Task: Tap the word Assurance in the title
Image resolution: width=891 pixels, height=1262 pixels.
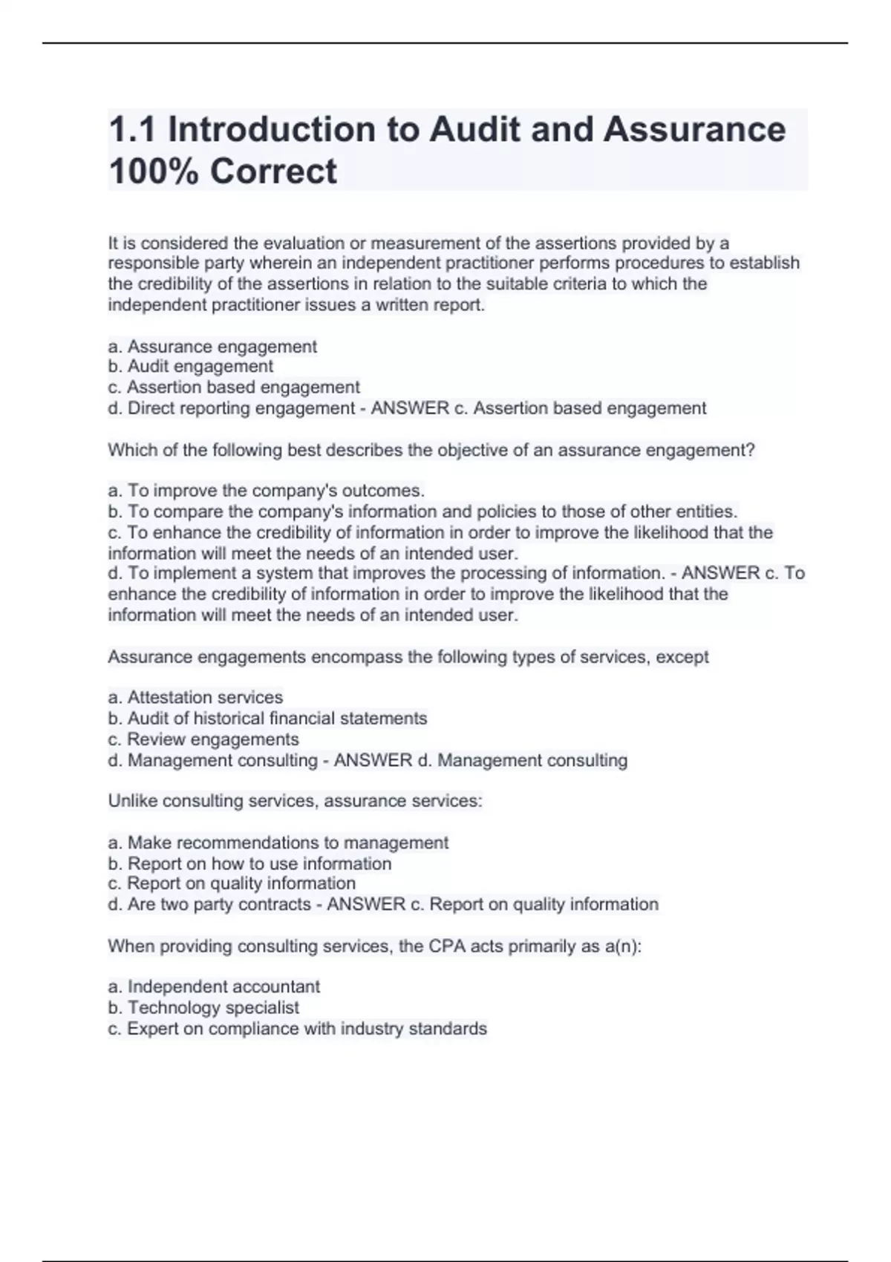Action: tap(694, 130)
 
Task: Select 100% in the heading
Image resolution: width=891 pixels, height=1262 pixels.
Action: tap(152, 171)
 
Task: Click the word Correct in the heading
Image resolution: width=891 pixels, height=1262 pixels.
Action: tap(273, 171)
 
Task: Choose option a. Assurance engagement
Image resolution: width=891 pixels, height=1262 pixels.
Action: tap(212, 347)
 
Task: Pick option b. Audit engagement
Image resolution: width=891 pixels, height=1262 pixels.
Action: tap(191, 366)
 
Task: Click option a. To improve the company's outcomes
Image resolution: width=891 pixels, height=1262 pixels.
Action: tap(267, 491)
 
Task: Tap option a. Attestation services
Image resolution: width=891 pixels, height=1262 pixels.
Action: tap(196, 698)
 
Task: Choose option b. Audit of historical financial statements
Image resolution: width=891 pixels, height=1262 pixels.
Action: tap(267, 719)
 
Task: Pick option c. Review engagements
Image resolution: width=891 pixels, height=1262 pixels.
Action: tap(203, 739)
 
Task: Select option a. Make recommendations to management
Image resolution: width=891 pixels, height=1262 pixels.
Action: tap(278, 843)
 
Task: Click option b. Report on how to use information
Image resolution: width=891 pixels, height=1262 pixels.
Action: tap(249, 863)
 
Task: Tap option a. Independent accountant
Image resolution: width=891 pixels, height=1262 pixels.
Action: tap(214, 987)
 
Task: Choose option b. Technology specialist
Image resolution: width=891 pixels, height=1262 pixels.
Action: tap(203, 1007)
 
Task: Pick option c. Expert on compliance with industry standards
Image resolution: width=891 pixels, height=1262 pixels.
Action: tap(298, 1028)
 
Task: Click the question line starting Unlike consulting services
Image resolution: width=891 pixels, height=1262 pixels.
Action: tap(295, 801)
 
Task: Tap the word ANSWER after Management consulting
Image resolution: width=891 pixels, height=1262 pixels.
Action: tap(373, 760)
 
